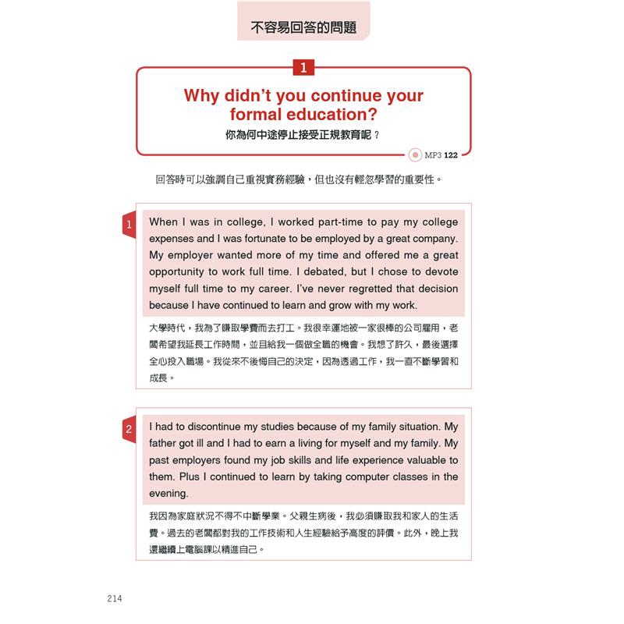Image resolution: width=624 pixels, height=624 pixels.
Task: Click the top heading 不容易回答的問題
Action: [x=304, y=27]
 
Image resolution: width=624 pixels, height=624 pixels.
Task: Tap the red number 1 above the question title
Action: [x=303, y=68]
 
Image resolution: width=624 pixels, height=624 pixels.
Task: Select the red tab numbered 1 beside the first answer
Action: [x=128, y=225]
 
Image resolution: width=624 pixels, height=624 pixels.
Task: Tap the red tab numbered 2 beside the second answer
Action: [x=128, y=430]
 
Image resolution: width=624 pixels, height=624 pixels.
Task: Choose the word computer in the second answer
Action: [x=358, y=477]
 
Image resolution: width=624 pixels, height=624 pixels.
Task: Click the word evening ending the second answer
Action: [x=168, y=494]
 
